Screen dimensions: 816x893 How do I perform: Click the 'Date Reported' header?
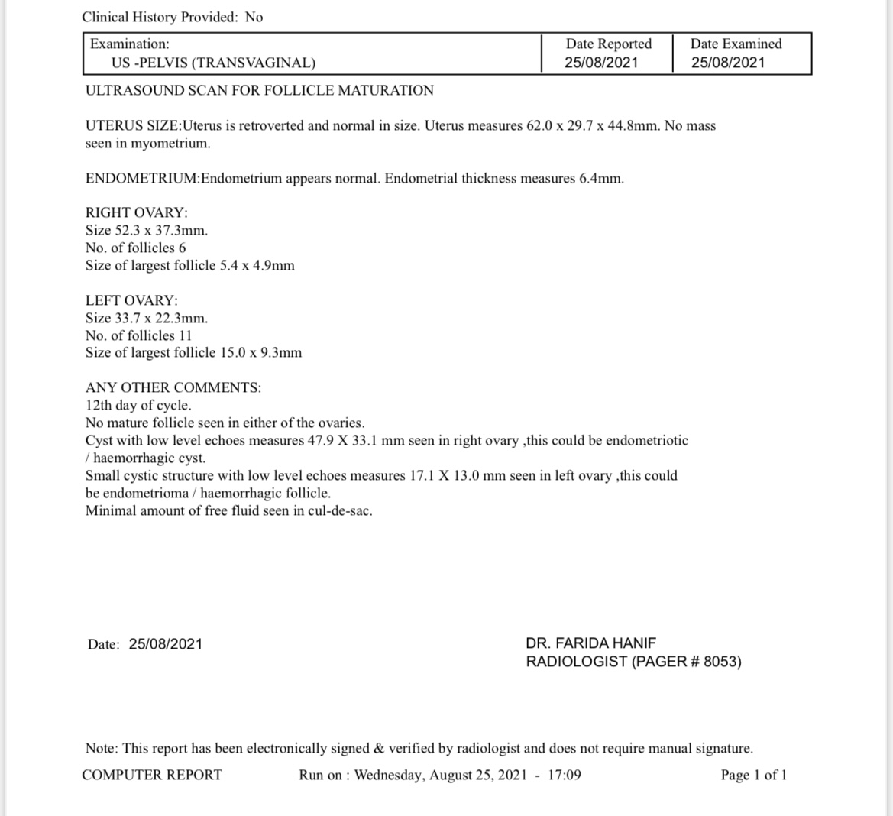pyautogui.click(x=608, y=44)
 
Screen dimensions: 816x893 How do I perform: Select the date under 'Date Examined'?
pyautogui.click(x=727, y=63)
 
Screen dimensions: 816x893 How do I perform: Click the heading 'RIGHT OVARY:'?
pyautogui.click(x=136, y=212)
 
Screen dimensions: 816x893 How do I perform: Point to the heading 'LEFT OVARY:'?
pyautogui.click(x=131, y=300)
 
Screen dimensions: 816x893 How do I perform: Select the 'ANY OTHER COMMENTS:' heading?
pyautogui.click(x=173, y=387)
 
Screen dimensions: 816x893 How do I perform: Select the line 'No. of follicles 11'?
pyautogui.click(x=138, y=335)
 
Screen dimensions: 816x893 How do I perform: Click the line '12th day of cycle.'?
pyautogui.click(x=138, y=405)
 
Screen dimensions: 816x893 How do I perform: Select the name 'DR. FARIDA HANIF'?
pyautogui.click(x=590, y=643)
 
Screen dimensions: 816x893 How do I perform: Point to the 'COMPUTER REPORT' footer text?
pyautogui.click(x=152, y=775)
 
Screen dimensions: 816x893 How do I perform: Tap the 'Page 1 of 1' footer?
pyautogui.click(x=753, y=775)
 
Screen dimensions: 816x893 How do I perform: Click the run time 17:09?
pyautogui.click(x=565, y=775)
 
